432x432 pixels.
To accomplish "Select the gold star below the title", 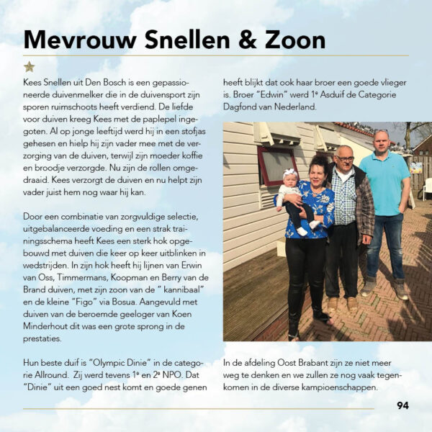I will point(29,66).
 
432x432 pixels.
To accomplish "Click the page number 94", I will point(402,405).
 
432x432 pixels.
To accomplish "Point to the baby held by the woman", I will point(291,199).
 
